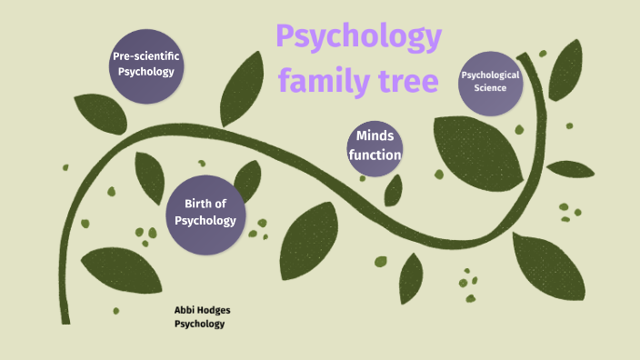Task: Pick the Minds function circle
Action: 375,145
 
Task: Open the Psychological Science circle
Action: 490,82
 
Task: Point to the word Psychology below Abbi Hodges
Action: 199,324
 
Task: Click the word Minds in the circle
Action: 375,136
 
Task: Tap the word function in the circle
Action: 375,155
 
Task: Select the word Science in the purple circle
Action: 490,88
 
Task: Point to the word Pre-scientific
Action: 145,56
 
